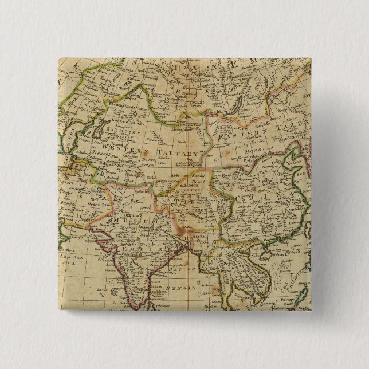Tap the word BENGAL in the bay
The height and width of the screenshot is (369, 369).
pyautogui.click(x=184, y=289)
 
